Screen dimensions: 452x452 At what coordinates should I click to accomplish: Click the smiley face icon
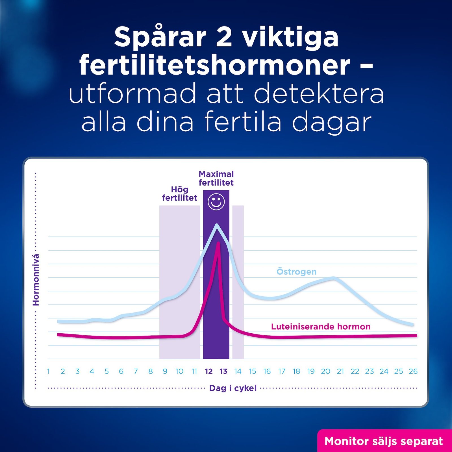216,202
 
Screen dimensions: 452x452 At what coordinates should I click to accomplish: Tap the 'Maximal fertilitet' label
216,178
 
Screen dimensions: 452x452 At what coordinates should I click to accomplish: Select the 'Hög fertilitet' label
180,194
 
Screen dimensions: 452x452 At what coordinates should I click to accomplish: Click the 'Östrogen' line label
296,271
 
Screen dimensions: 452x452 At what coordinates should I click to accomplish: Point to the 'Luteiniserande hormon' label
321,327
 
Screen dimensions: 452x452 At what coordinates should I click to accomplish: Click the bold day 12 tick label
209,371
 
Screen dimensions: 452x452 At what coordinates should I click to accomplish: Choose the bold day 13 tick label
223,371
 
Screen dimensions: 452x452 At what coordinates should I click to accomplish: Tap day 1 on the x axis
48,371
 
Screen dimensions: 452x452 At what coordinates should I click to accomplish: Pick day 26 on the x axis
413,371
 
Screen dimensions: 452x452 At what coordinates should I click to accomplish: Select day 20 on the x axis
325,371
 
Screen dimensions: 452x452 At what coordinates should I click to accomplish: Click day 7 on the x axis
136,371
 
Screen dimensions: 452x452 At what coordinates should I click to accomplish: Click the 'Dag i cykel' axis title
233,388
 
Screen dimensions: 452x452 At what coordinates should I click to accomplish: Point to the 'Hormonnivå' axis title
36,280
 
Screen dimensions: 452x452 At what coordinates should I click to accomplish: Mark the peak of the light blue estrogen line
217,225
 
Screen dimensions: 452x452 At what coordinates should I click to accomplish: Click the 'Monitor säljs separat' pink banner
384,441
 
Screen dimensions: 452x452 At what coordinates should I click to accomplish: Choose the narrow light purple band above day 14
238,282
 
